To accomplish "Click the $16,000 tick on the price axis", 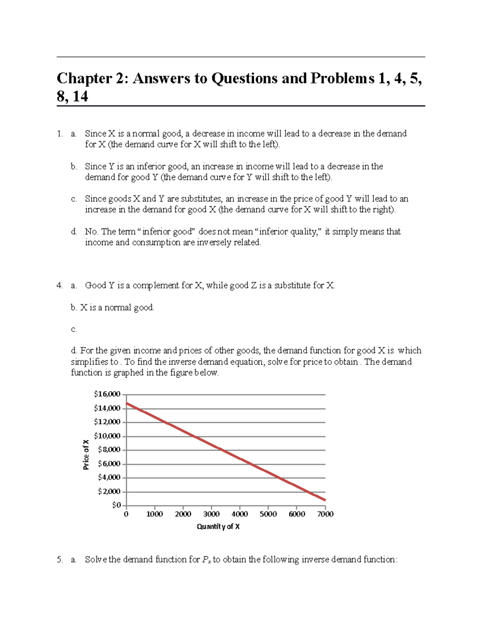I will coord(107,394).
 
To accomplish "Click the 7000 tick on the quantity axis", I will coord(325,514).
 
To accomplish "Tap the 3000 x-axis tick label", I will coord(211,514).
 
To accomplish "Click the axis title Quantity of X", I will coord(218,527).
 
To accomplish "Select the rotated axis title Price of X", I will coord(86,455).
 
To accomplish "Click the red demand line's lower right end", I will coord(325,500).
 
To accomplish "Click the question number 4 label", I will coord(59,286).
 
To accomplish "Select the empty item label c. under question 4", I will coord(74,330).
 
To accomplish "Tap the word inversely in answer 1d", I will coord(214,243).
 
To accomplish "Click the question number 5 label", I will coord(59,560).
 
